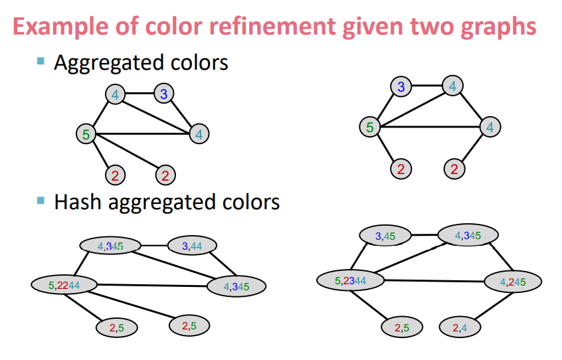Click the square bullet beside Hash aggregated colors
click(41, 200)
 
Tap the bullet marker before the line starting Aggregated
click(41, 61)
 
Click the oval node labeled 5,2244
click(64, 285)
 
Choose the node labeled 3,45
click(385, 235)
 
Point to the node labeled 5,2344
click(350, 280)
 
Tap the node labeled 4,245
click(512, 282)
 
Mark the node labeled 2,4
click(460, 327)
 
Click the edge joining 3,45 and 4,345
click(424, 234)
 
